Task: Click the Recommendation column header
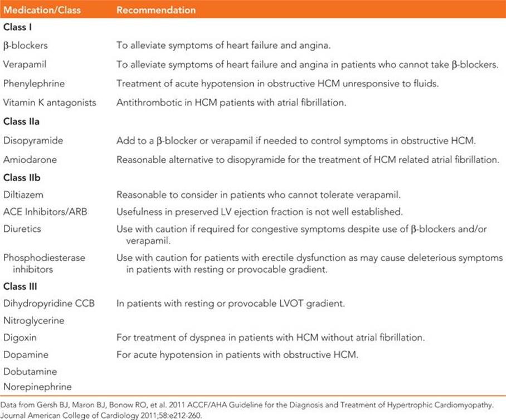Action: (x=156, y=10)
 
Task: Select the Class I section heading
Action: (x=19, y=28)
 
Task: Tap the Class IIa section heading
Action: (x=21, y=122)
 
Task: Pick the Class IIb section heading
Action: (x=21, y=179)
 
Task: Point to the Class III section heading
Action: (x=21, y=287)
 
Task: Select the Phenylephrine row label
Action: (x=34, y=84)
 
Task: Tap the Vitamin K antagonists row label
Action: (x=50, y=102)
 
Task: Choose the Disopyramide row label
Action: (x=33, y=141)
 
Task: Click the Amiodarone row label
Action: (x=30, y=160)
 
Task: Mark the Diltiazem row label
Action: (x=23, y=195)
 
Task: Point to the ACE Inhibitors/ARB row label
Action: (x=45, y=212)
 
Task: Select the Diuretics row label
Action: (x=22, y=228)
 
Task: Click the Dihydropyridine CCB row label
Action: (x=49, y=304)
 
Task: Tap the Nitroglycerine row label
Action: (x=33, y=321)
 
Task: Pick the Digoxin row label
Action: (x=20, y=338)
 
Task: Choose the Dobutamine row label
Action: (x=30, y=371)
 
